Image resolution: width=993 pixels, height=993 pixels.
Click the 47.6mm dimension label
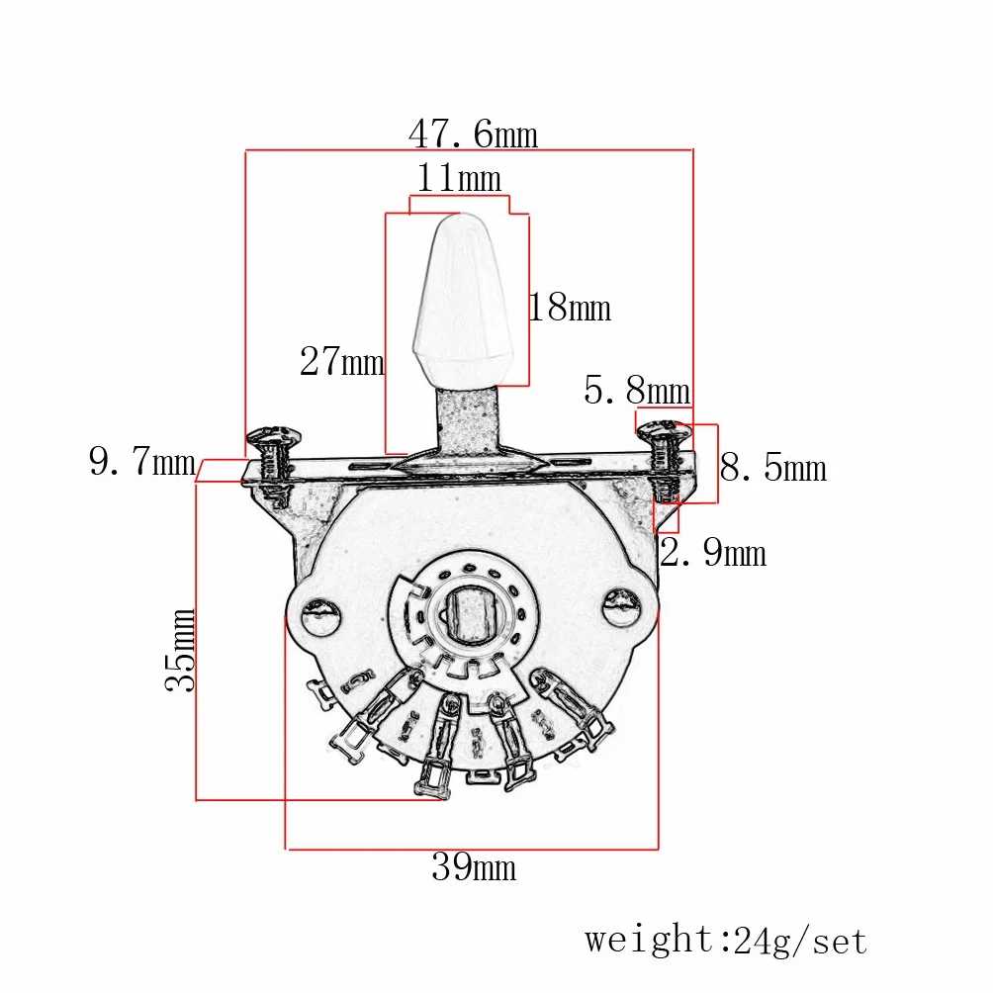pyautogui.click(x=473, y=135)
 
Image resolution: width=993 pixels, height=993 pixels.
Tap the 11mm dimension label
pyautogui.click(x=459, y=178)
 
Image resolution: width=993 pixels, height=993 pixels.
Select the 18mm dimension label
pyautogui.click(x=570, y=308)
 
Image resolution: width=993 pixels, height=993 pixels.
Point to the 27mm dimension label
pyautogui.click(x=342, y=362)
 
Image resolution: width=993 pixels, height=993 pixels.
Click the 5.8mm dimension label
pyautogui.click(x=637, y=390)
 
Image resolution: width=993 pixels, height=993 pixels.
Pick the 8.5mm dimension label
pyautogui.click(x=773, y=468)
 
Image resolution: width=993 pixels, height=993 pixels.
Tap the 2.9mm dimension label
pyautogui.click(x=713, y=552)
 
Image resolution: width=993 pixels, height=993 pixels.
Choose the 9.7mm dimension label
pyautogui.click(x=142, y=461)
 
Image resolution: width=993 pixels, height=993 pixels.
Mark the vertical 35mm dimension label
pyautogui.click(x=180, y=650)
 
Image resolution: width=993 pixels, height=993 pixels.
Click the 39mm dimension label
pyautogui.click(x=474, y=866)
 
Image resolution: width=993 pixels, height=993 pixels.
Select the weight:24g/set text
pyautogui.click(x=726, y=941)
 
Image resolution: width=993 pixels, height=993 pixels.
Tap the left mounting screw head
pyautogui.click(x=274, y=436)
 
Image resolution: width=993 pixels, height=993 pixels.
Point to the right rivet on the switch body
pyautogui.click(x=621, y=608)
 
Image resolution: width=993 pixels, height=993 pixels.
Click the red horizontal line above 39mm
pyautogui.click(x=473, y=849)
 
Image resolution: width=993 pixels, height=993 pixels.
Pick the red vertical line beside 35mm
pyautogui.click(x=196, y=641)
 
